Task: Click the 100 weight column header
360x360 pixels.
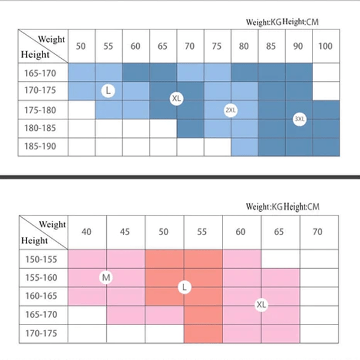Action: click(325, 46)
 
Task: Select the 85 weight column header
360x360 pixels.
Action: click(271, 46)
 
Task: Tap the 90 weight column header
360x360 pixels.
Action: click(298, 46)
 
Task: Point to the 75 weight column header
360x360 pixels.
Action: click(217, 46)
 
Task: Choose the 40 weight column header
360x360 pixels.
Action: click(87, 232)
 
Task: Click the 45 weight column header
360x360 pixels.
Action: click(125, 232)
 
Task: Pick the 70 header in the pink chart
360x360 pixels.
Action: click(317, 232)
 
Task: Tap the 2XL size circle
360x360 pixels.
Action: click(231, 110)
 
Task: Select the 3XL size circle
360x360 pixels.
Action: click(299, 119)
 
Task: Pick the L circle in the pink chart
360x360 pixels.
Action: click(184, 287)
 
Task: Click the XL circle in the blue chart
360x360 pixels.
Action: click(176, 98)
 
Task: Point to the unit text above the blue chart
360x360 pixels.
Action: click(283, 22)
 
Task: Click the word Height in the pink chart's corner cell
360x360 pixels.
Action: click(34, 241)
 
